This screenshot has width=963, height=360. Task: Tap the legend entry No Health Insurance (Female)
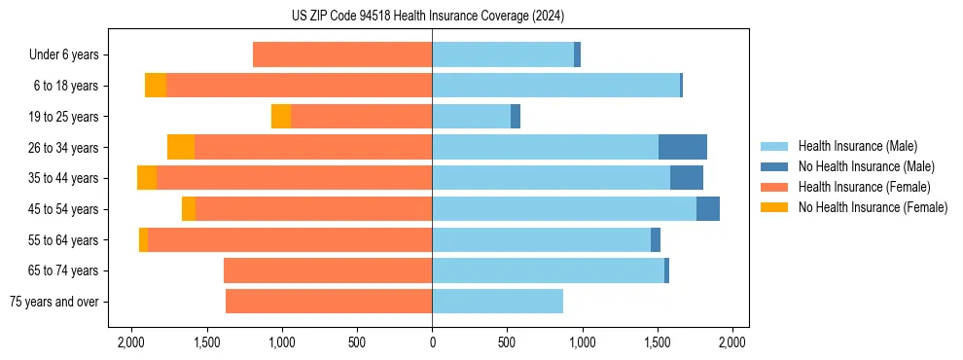pos(873,207)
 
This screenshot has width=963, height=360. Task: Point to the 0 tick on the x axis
pos(432,342)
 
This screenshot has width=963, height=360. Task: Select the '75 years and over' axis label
pos(56,302)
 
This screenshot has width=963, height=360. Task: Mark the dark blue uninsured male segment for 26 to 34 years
pos(682,147)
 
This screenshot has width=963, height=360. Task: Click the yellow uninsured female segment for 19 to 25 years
pos(281,117)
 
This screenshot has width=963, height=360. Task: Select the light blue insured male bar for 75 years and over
pos(497,302)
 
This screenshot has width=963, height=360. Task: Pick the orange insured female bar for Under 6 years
pos(342,55)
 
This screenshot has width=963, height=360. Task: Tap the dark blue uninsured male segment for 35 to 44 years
pos(686,178)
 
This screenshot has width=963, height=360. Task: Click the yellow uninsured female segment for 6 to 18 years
pos(156,86)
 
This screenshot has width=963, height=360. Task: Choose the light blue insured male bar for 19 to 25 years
pos(471,117)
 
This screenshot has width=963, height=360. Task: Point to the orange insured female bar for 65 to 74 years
pos(328,270)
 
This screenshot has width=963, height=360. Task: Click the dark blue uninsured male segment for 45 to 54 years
pos(707,209)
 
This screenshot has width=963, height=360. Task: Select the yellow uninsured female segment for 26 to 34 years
pos(181,147)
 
